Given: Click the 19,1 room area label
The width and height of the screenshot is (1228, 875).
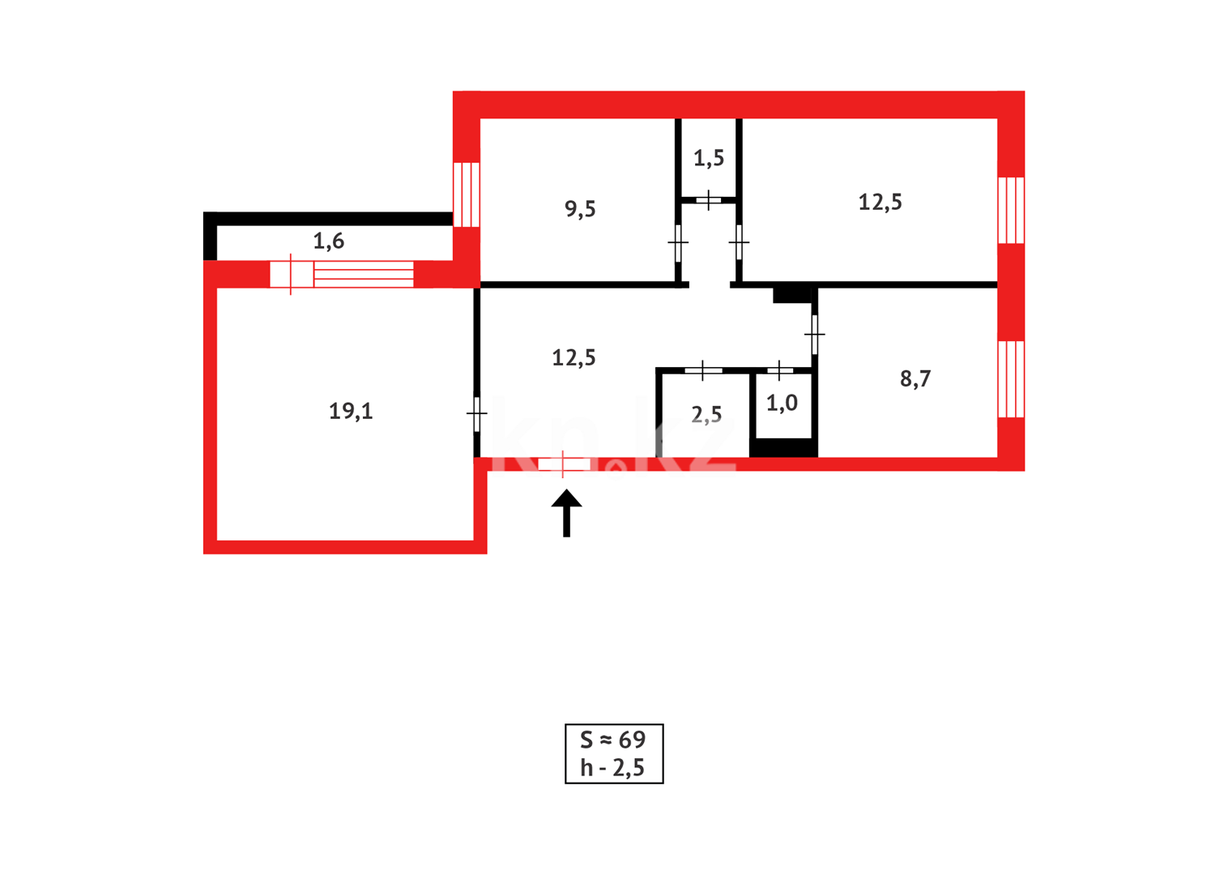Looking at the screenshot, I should pyautogui.click(x=351, y=412).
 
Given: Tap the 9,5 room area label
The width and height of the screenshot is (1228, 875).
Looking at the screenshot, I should pyautogui.click(x=580, y=209).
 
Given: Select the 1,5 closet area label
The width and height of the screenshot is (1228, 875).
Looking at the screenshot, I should pyautogui.click(x=709, y=158).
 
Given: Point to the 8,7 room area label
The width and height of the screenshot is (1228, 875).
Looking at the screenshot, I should pyautogui.click(x=915, y=379).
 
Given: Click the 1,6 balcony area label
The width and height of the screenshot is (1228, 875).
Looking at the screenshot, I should pyautogui.click(x=329, y=241).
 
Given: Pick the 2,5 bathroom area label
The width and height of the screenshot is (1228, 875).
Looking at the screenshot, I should pyautogui.click(x=706, y=416).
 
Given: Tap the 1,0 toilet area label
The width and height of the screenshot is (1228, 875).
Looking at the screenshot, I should pyautogui.click(x=782, y=403).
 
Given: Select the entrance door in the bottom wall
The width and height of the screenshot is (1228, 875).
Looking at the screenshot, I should pyautogui.click(x=563, y=464).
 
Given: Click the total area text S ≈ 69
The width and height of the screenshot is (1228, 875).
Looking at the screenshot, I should pyautogui.click(x=613, y=740).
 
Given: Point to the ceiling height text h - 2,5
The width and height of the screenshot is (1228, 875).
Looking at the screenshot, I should pyautogui.click(x=612, y=768).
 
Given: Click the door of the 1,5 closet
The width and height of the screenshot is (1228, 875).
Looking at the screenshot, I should pyautogui.click(x=709, y=199).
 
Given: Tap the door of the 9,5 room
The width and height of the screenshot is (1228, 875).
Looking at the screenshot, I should pyautogui.click(x=678, y=242).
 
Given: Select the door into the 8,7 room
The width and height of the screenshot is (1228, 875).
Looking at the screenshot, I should pyautogui.click(x=815, y=334).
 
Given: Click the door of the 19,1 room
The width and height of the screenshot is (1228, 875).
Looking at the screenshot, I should pyautogui.click(x=476, y=414).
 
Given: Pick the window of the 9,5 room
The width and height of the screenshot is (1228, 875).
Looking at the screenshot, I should pyautogui.click(x=467, y=194).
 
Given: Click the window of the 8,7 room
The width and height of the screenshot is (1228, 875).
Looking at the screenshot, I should pyautogui.click(x=1011, y=379).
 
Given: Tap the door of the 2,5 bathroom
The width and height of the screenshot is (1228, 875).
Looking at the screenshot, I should pyautogui.click(x=703, y=370).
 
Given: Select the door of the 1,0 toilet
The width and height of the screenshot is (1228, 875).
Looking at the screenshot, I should pyautogui.click(x=780, y=370).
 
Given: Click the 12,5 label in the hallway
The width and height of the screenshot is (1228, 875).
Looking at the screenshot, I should pyautogui.click(x=573, y=357).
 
